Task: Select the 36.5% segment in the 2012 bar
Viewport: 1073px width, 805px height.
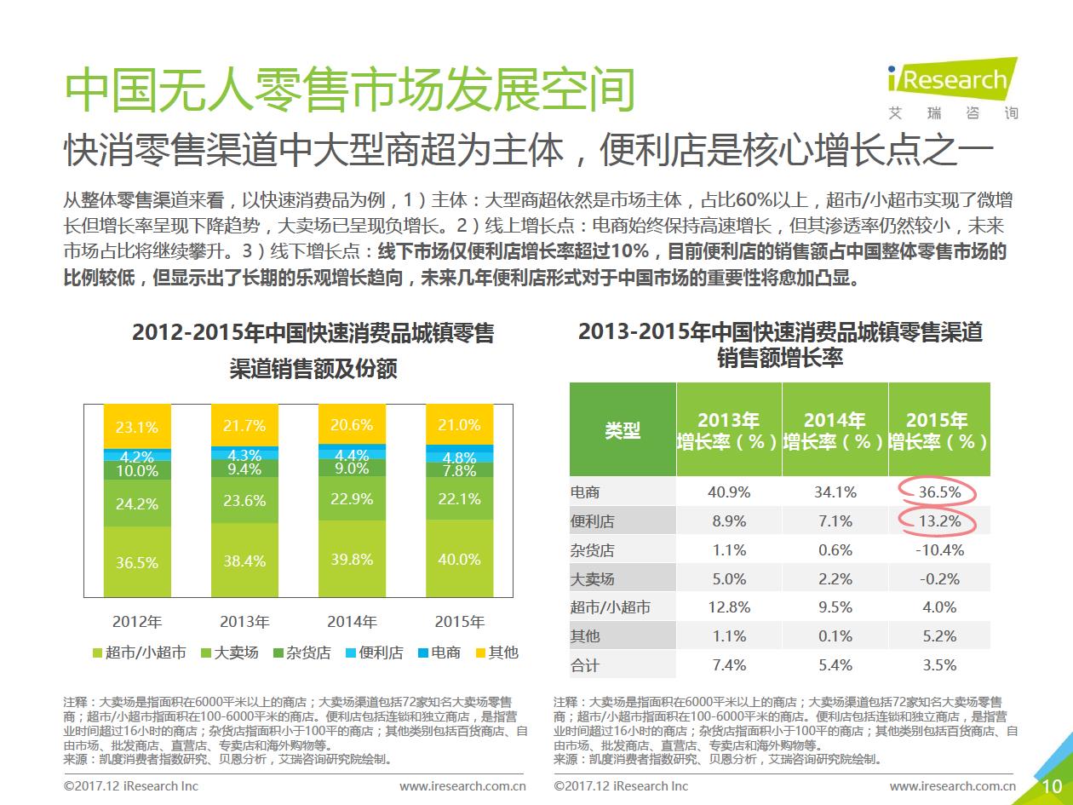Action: [x=137, y=562]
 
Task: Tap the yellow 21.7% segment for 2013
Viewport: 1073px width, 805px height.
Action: [x=244, y=424]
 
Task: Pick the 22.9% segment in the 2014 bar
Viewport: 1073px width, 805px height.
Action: [x=352, y=499]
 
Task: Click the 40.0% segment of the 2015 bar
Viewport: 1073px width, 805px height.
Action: [x=459, y=560]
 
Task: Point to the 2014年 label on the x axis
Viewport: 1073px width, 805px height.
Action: [x=352, y=621]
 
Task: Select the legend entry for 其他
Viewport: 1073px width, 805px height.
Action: [x=494, y=653]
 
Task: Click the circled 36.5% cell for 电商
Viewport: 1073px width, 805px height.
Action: [x=939, y=492]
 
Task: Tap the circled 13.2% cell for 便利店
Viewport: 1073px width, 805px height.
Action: [x=939, y=521]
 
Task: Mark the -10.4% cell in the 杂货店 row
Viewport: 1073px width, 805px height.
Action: [x=939, y=550]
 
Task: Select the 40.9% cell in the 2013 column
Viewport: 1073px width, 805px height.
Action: [x=729, y=492]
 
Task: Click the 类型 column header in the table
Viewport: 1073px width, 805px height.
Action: [x=623, y=430]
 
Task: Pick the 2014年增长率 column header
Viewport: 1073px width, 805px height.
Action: [x=835, y=430]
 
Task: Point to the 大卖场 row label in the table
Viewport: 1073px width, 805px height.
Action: [x=592, y=579]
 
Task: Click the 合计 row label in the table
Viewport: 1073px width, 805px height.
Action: [x=585, y=665]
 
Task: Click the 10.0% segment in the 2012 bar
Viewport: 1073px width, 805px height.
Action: [x=137, y=471]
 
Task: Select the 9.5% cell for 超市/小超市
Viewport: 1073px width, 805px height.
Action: [x=835, y=607]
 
